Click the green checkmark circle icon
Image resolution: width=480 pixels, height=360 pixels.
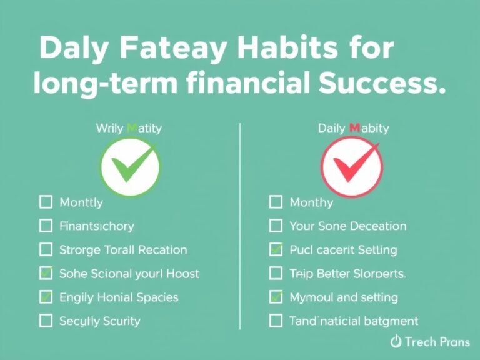click(131, 167)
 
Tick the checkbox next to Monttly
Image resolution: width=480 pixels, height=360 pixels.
click(46, 202)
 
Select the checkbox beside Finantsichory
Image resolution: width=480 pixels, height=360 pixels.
click(46, 226)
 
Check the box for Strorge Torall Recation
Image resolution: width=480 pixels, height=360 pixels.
click(46, 249)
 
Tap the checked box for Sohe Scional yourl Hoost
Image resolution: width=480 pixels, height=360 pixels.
click(46, 273)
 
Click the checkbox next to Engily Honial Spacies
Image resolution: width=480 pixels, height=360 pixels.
click(46, 297)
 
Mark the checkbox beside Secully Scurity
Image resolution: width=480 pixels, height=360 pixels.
click(46, 321)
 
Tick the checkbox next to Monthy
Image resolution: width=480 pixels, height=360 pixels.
click(276, 202)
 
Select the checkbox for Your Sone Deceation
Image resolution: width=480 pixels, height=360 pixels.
click(276, 226)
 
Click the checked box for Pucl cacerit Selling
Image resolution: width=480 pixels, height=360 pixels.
click(276, 249)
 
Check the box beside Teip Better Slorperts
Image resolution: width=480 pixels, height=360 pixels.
click(276, 273)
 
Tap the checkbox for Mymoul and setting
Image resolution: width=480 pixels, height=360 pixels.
click(276, 297)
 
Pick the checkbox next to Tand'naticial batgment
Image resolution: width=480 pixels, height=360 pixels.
click(276, 321)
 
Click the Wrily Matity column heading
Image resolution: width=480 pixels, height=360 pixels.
click(129, 128)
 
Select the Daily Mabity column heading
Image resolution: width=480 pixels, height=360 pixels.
click(353, 128)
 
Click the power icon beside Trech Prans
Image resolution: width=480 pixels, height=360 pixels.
click(395, 341)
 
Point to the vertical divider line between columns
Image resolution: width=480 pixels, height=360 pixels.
click(240, 225)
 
